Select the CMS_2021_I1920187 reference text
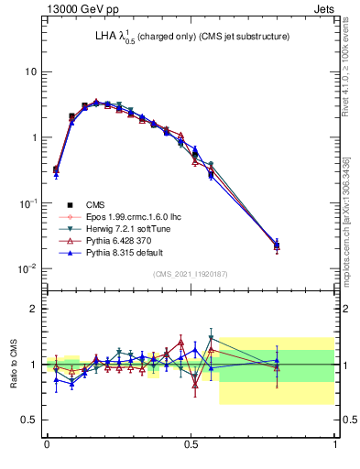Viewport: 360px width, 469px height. [191, 274]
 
